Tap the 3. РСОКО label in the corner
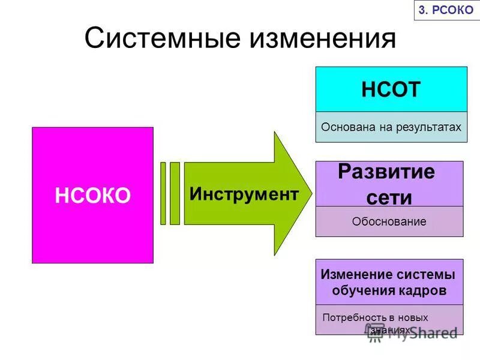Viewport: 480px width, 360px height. [446, 10]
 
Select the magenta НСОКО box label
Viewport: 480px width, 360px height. [92, 196]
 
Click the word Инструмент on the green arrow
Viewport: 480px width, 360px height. [244, 194]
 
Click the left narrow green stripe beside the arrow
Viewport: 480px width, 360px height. [163, 193]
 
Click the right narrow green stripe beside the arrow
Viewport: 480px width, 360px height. [175, 193]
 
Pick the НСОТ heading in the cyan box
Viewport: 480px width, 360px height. [391, 89]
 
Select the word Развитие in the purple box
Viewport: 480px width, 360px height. [386, 172]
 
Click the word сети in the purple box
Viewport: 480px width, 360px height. [389, 197]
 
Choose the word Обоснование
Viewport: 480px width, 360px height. [389, 221]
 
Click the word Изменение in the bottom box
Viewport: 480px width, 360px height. [356, 275]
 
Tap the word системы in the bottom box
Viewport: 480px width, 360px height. [425, 275]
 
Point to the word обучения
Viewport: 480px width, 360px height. [362, 291]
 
